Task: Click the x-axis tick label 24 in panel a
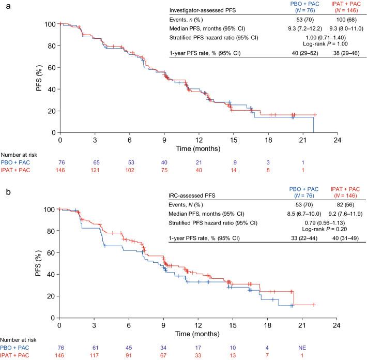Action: pos(338,140)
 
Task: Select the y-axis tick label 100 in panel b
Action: pos(50,209)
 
